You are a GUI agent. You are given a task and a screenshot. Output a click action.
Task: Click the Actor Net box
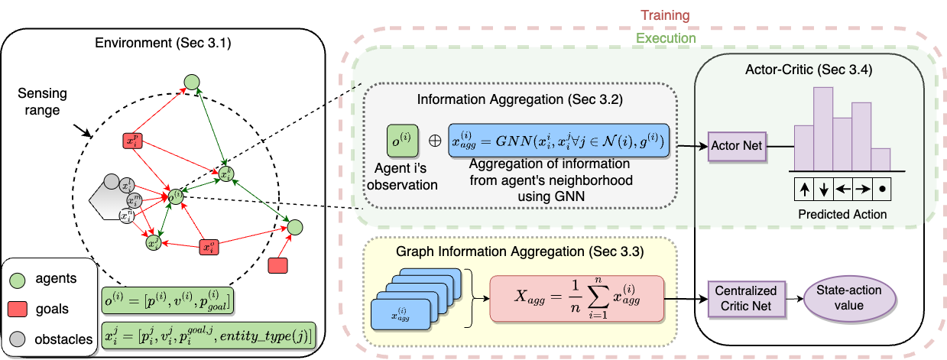[x=737, y=145]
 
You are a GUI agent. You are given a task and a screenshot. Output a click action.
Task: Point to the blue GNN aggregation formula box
[x=559, y=141]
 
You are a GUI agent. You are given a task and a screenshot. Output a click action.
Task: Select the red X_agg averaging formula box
[x=576, y=297]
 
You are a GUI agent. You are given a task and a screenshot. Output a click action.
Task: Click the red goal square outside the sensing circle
[x=278, y=265]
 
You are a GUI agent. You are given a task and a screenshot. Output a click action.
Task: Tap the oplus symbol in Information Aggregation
[x=433, y=141]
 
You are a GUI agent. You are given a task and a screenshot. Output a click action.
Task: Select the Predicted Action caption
[x=842, y=214]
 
